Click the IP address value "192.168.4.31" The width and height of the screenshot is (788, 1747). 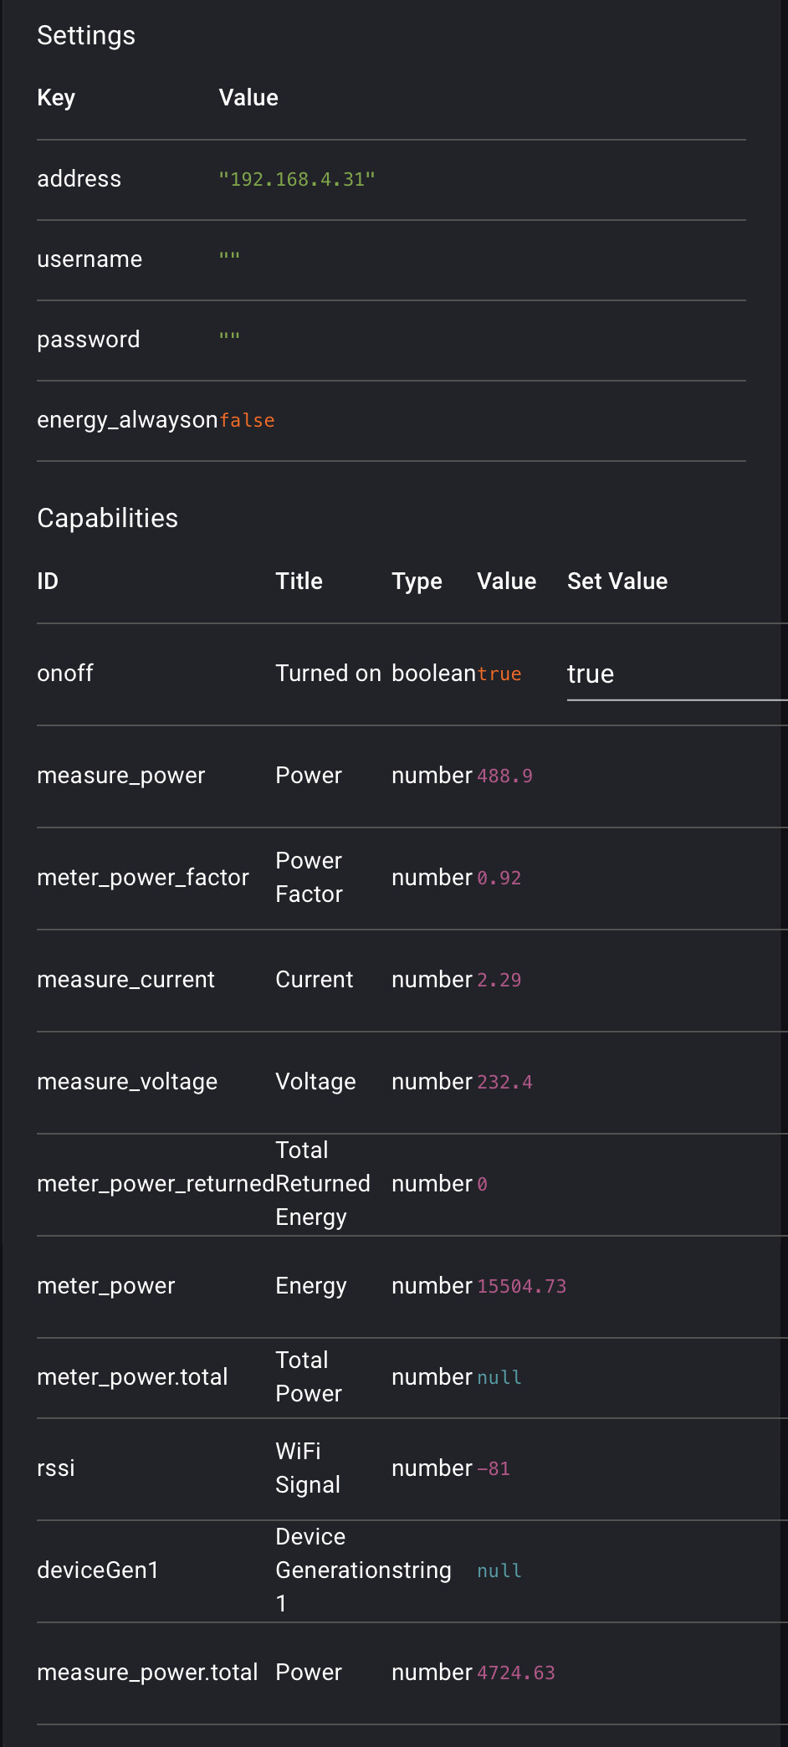(296, 180)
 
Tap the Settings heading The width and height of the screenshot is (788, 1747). (86, 36)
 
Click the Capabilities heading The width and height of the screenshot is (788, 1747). (107, 519)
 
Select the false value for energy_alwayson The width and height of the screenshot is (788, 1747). (247, 421)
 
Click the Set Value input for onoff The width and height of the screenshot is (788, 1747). (674, 674)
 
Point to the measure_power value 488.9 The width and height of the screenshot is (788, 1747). (504, 776)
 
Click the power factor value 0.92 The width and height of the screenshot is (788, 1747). (499, 879)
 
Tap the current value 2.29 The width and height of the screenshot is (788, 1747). (499, 981)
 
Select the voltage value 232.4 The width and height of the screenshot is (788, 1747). (504, 1083)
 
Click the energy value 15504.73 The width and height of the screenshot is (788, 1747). (521, 1287)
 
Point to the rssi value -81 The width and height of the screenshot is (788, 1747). (493, 1469)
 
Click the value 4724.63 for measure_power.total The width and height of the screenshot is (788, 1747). (515, 1673)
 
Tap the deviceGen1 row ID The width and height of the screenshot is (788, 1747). (98, 1570)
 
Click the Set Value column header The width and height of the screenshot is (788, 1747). (617, 581)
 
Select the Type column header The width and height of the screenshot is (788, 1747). (417, 581)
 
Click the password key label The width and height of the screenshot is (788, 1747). (89, 340)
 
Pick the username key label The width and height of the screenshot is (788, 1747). (90, 259)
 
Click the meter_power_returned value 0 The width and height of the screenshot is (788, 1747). (482, 1185)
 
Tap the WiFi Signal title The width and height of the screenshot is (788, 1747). (308, 1468)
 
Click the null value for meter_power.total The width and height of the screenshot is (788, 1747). (499, 1378)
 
